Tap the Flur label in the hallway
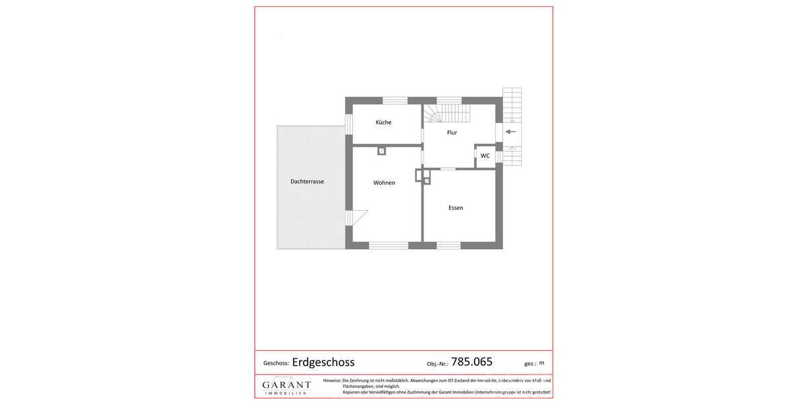click(x=452, y=133)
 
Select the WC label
click(x=485, y=156)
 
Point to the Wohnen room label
click(x=384, y=182)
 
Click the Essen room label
click(x=456, y=207)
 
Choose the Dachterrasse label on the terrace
click(x=307, y=181)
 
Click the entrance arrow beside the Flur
click(x=511, y=132)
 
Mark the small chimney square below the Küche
click(x=382, y=151)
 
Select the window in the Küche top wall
click(x=395, y=100)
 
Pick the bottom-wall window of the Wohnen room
click(x=389, y=245)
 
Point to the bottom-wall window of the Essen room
click(x=448, y=245)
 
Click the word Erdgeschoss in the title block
click(x=323, y=362)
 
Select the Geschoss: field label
click(x=276, y=363)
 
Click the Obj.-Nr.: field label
click(x=438, y=364)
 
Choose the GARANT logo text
click(x=286, y=384)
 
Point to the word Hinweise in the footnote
click(x=332, y=380)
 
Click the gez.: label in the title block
click(x=530, y=364)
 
